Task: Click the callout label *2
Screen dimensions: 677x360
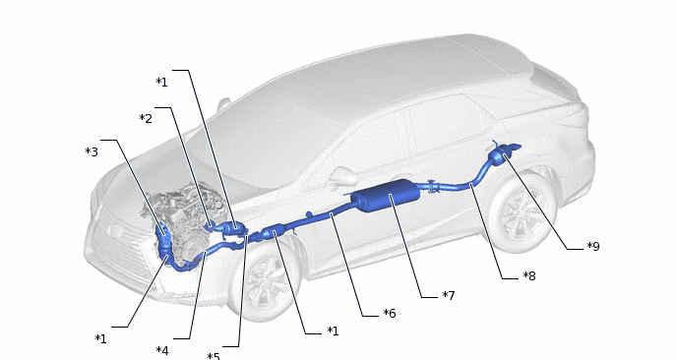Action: click(x=146, y=119)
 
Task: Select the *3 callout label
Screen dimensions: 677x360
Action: click(x=92, y=151)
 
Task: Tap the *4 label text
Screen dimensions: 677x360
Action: click(x=162, y=350)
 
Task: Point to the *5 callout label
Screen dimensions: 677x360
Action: click(x=214, y=356)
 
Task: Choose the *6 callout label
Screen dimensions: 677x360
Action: click(x=390, y=314)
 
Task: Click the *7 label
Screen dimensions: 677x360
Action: click(x=449, y=296)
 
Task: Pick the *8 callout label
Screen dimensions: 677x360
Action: click(x=529, y=275)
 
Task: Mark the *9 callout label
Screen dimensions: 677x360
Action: click(x=593, y=247)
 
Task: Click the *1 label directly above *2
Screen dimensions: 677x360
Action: click(x=162, y=82)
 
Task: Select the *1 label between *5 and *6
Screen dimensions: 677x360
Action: click(x=333, y=331)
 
